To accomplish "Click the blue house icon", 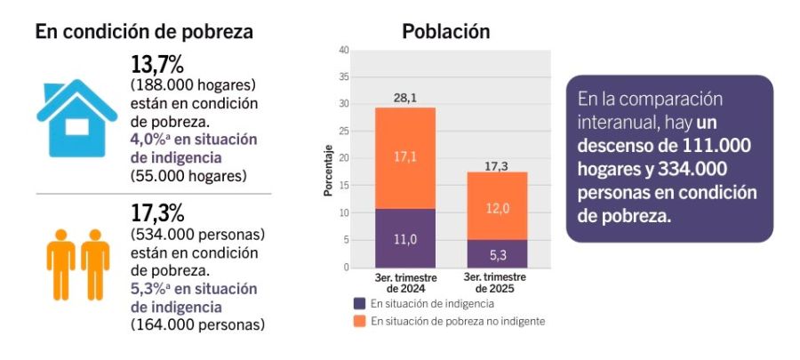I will point(76,111).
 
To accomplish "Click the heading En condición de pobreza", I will point(144,31).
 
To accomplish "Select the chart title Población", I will point(446,31).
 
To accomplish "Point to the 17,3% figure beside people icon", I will point(156,214).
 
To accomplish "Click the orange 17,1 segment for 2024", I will point(405,157).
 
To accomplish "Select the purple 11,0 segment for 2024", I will point(405,238).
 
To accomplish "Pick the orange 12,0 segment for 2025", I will point(497,206).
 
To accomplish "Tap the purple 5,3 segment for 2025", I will point(497,254).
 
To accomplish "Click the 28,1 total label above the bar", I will point(405,97).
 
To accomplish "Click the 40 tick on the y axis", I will point(343,50).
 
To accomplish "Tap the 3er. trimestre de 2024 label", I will point(405,283).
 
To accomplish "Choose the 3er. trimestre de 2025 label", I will point(497,283).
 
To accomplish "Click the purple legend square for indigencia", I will point(359,303).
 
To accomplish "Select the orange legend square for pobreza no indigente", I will point(359,321).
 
